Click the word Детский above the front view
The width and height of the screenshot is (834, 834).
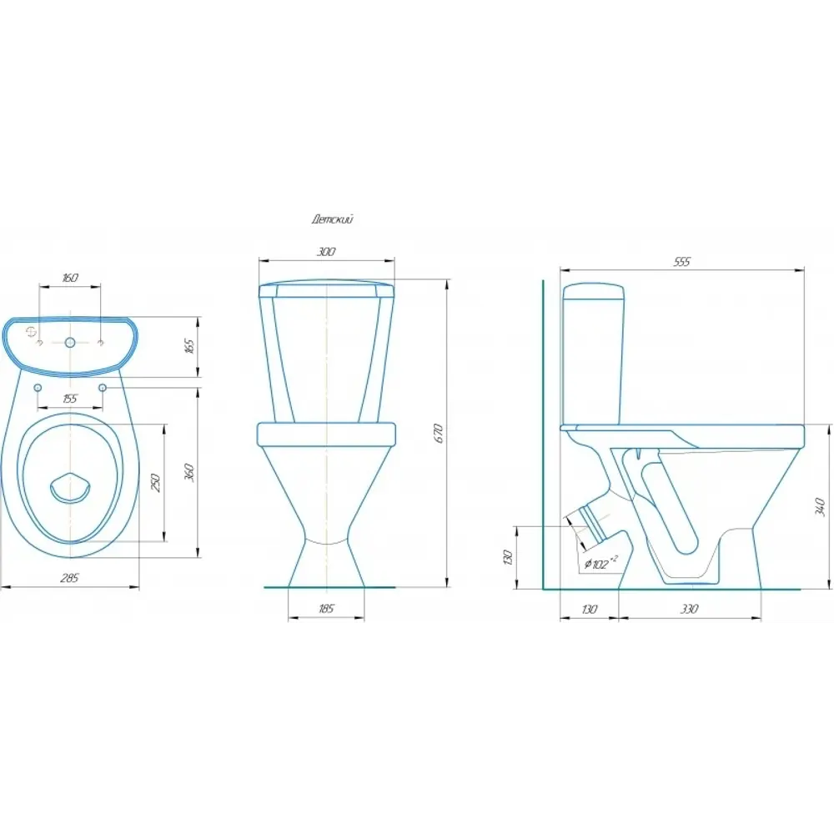tap(333, 219)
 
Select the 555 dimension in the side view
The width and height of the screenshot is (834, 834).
tap(682, 262)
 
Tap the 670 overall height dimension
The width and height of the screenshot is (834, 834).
tap(439, 434)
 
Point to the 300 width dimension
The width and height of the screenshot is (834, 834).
tap(326, 252)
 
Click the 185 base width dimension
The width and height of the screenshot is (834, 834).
tap(326, 609)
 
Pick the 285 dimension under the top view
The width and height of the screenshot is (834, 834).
tap(70, 578)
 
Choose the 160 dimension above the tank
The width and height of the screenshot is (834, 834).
tap(70, 278)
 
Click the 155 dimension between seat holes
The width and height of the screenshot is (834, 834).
tap(70, 399)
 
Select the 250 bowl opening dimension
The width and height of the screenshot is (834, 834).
tap(157, 482)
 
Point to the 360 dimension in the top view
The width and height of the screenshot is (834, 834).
tap(191, 473)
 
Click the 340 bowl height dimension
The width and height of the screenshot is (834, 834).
tap(820, 507)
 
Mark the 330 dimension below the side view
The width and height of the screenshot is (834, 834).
tap(689, 609)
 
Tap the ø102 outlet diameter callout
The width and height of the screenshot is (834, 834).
tap(600, 563)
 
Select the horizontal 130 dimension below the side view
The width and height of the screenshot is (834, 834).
tap(589, 609)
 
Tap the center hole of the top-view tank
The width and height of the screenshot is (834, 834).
tap(70, 343)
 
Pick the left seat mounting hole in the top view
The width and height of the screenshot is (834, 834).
tap(38, 388)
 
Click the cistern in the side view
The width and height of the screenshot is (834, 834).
tap(594, 355)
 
